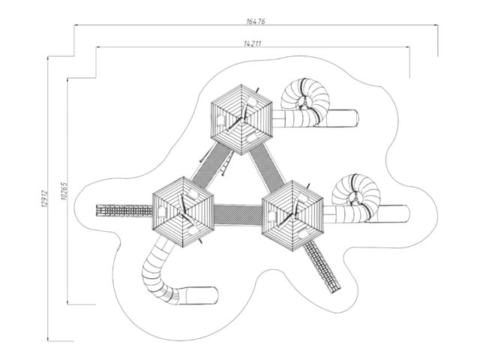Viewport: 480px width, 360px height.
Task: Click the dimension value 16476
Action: tap(256, 22)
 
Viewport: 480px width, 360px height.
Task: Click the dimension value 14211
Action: tap(253, 43)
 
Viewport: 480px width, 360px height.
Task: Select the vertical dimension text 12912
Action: tap(44, 198)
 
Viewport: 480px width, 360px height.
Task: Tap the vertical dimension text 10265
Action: tap(64, 191)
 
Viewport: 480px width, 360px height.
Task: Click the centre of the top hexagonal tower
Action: tap(241, 120)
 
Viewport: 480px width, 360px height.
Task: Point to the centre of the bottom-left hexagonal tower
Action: tap(183, 212)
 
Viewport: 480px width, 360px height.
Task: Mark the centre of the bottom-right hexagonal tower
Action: tap(292, 216)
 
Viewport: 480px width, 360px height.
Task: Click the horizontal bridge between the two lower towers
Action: tap(238, 215)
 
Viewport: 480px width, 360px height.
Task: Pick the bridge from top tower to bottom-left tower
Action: tap(211, 166)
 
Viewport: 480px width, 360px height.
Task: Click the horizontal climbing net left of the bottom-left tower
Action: tap(124, 210)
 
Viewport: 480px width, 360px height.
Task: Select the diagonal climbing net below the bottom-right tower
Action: tap(322, 266)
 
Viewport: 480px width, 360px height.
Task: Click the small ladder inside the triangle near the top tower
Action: tap(226, 163)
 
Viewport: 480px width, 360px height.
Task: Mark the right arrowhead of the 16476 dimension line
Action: tap(436, 25)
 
